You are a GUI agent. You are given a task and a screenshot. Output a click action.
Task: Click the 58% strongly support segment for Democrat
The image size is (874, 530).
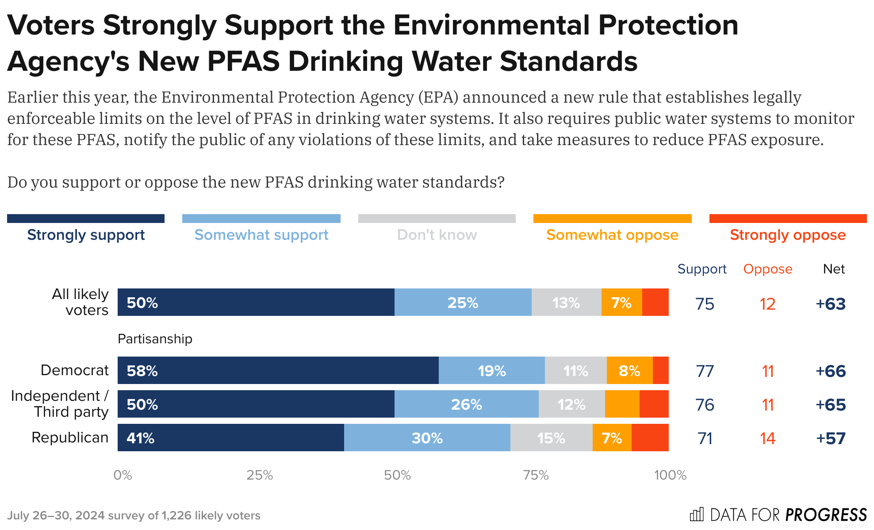pos(278,370)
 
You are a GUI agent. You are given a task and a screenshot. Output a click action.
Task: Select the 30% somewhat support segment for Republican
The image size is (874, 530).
pos(427,438)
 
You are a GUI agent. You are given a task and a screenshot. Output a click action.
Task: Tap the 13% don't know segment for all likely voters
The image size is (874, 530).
pos(566,302)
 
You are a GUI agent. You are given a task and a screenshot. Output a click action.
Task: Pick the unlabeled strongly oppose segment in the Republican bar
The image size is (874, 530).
pos(650,438)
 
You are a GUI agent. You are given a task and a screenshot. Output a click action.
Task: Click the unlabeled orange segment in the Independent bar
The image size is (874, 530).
pos(622,404)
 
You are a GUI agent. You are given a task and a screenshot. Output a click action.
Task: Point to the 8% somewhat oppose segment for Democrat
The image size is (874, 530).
pos(629,370)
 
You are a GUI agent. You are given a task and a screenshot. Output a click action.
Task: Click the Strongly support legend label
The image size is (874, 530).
pos(86,235)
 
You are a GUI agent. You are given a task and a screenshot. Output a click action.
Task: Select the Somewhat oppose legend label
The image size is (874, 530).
pos(612,235)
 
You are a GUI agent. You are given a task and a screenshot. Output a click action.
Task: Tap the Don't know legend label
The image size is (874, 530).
pos(437,235)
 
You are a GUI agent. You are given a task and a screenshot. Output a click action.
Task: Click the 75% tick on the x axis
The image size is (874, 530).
pos(536,475)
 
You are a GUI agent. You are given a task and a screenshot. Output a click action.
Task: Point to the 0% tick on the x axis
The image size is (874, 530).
pos(123,475)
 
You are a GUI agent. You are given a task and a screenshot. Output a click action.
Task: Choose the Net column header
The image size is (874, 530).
pos(834,269)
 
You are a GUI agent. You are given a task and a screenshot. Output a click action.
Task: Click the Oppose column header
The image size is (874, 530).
pos(767,269)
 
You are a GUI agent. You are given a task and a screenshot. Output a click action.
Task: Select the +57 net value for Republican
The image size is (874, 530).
pos(831,438)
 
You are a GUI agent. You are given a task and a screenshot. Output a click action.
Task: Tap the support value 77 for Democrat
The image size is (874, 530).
pos(705,371)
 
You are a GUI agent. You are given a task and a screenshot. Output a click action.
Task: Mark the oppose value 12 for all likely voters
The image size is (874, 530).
pos(767,304)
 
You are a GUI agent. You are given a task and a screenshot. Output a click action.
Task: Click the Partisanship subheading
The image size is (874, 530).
pos(155,339)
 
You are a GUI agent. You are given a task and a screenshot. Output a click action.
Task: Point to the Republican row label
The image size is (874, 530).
pos(70,438)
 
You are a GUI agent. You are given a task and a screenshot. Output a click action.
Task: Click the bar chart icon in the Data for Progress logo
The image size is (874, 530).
pos(697,515)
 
